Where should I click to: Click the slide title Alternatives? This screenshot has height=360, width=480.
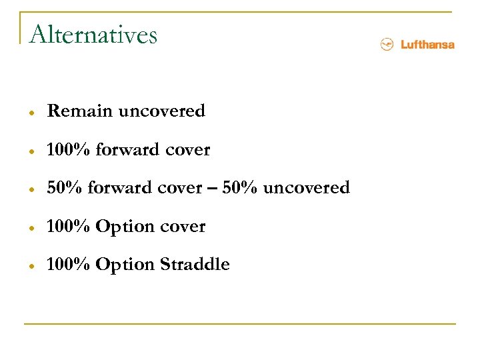click(93, 34)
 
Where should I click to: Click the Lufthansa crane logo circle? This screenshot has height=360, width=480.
click(387, 45)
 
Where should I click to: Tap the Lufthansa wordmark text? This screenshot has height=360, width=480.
click(427, 45)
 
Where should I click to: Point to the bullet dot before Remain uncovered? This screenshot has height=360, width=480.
click(32, 113)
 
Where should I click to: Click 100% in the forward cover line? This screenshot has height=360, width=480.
click(69, 150)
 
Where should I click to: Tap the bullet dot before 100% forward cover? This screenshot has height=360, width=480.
click(32, 151)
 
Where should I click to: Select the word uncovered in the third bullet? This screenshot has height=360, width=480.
click(306, 188)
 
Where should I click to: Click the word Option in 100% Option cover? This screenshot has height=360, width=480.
click(125, 227)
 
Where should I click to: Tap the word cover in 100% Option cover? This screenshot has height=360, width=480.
click(182, 227)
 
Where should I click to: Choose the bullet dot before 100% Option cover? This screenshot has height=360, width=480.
click(32, 228)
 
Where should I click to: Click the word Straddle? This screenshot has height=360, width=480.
click(195, 265)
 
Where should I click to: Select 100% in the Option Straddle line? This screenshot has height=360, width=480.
click(69, 265)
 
